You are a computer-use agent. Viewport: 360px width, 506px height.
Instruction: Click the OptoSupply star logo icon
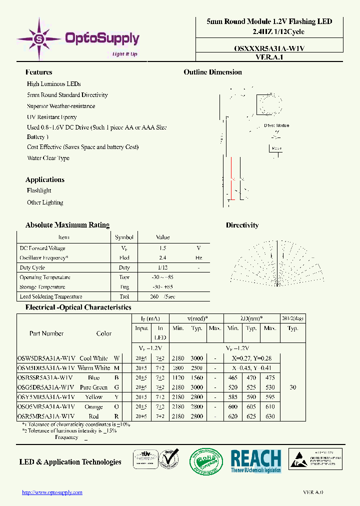pyautogui.click(x=38, y=38)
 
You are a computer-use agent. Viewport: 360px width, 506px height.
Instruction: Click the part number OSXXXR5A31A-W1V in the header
pyautogui.click(x=269, y=48)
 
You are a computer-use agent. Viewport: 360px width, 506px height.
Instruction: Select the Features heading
pyautogui.click(x=38, y=72)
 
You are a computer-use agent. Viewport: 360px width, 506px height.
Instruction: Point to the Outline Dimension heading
pyautogui.click(x=212, y=72)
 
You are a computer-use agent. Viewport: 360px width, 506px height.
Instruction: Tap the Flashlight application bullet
pyautogui.click(x=39, y=190)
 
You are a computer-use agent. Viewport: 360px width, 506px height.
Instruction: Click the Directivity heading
pyautogui.click(x=242, y=225)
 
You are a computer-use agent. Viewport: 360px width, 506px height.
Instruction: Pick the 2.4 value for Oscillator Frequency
pyautogui.click(x=162, y=257)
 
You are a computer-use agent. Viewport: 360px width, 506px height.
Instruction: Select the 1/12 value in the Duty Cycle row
pyautogui.click(x=162, y=267)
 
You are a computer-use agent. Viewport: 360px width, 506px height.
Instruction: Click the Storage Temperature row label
pyautogui.click(x=42, y=287)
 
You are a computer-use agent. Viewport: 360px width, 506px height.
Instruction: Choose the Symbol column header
pyautogui.click(x=124, y=237)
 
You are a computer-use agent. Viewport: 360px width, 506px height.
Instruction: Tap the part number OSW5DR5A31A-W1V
pyautogui.click(x=46, y=358)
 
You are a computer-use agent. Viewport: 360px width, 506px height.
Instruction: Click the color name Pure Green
pyautogui.click(x=93, y=387)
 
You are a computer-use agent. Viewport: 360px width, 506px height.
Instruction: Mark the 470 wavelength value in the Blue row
pyautogui.click(x=251, y=377)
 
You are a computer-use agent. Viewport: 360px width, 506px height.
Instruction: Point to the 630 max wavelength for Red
pyautogui.click(x=270, y=416)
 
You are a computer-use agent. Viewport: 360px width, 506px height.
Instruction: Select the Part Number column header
pyautogui.click(x=46, y=333)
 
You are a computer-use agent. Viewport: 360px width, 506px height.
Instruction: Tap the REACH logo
pyautogui.click(x=255, y=461)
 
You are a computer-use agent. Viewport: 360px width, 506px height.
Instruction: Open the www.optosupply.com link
pyautogui.click(x=52, y=492)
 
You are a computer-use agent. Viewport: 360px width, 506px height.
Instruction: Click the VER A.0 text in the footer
pyautogui.click(x=313, y=492)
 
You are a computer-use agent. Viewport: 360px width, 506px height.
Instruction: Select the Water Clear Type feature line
pyautogui.click(x=48, y=158)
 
